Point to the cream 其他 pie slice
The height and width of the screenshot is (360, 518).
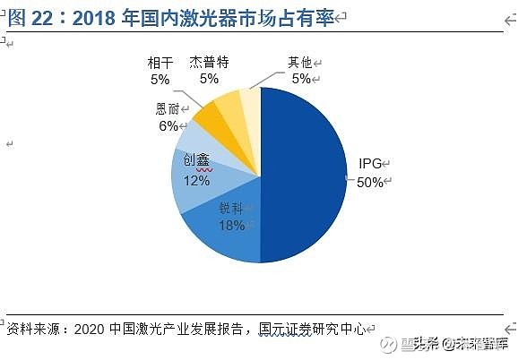(250, 99)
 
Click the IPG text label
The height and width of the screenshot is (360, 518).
(370, 165)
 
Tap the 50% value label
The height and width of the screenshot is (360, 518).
(370, 183)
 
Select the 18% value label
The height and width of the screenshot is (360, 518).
(231, 225)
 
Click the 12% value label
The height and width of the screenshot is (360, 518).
(196, 180)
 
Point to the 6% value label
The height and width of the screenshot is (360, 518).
(168, 126)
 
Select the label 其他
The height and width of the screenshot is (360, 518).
(298, 63)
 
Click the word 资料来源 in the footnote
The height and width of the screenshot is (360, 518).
(31, 329)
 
